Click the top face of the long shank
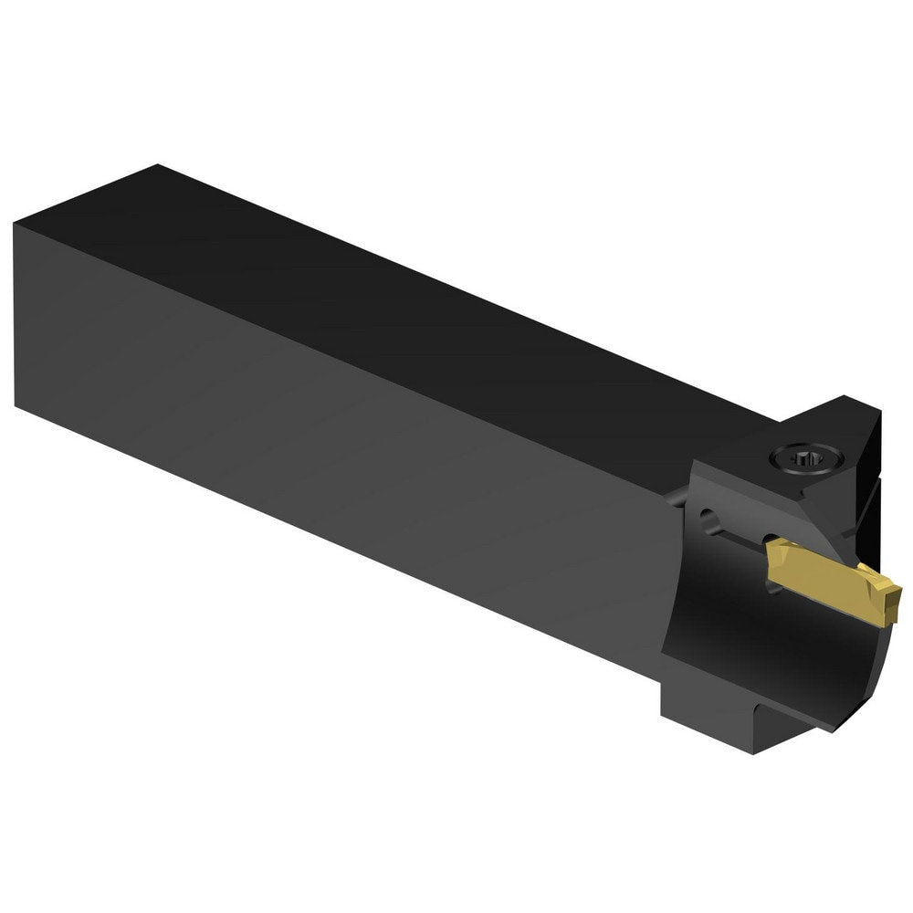click(411, 301)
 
